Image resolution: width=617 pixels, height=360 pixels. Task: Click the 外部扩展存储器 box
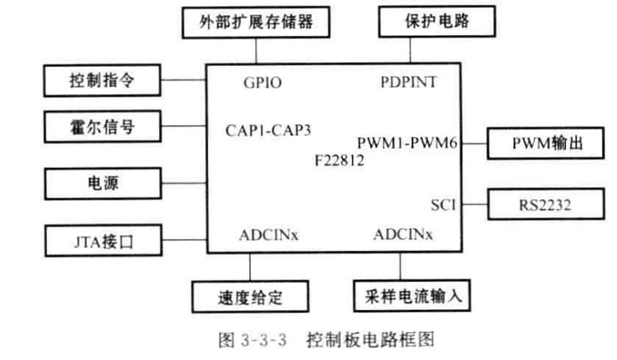(x=252, y=23)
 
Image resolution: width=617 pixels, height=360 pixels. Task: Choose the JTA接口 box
(x=102, y=238)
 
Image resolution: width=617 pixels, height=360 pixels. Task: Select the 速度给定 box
(x=251, y=298)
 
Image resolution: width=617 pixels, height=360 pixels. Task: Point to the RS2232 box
(x=541, y=204)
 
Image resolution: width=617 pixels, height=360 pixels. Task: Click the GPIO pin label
(x=262, y=83)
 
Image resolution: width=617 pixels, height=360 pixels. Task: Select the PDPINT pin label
(x=408, y=83)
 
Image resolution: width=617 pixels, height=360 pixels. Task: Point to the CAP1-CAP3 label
(x=268, y=130)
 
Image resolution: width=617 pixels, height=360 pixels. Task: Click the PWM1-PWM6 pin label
(x=407, y=143)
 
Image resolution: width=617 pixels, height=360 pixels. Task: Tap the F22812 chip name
(x=339, y=160)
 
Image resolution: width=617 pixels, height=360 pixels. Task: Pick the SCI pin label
(x=443, y=204)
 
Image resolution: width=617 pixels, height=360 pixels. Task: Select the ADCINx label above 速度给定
(x=268, y=235)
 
